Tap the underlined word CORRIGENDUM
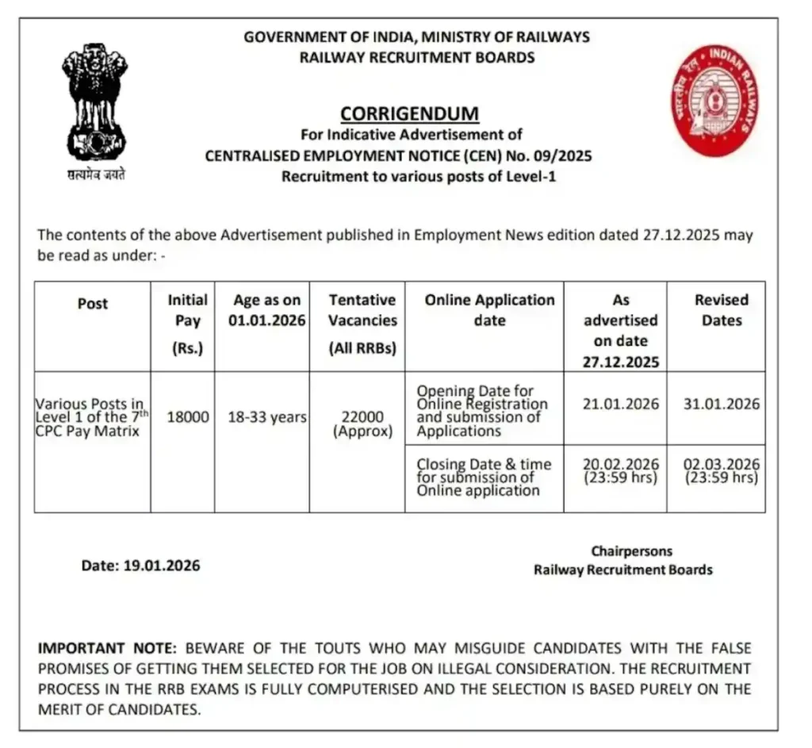[x=409, y=113]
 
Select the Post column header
[x=93, y=304]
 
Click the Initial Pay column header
[x=187, y=320]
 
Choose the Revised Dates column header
[x=721, y=310]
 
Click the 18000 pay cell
[x=187, y=417]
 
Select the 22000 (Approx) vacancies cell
[x=362, y=424]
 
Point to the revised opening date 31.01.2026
[x=721, y=404]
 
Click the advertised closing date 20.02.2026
[x=621, y=464]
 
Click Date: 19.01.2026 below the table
[x=140, y=566]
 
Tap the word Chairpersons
[x=630, y=550]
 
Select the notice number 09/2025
[x=562, y=156]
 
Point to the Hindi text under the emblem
[x=96, y=175]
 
